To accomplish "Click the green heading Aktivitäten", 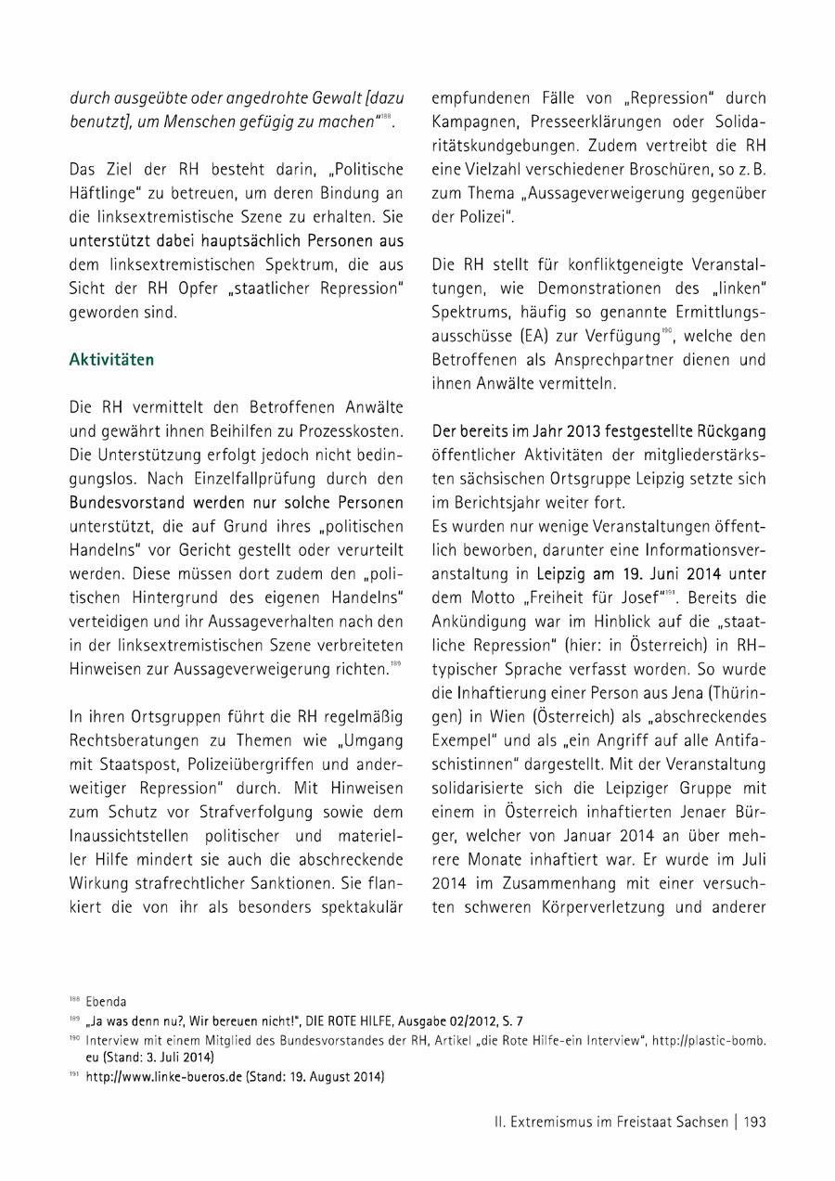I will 112,359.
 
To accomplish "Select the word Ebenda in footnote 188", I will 106,1002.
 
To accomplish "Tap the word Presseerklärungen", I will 610,122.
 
